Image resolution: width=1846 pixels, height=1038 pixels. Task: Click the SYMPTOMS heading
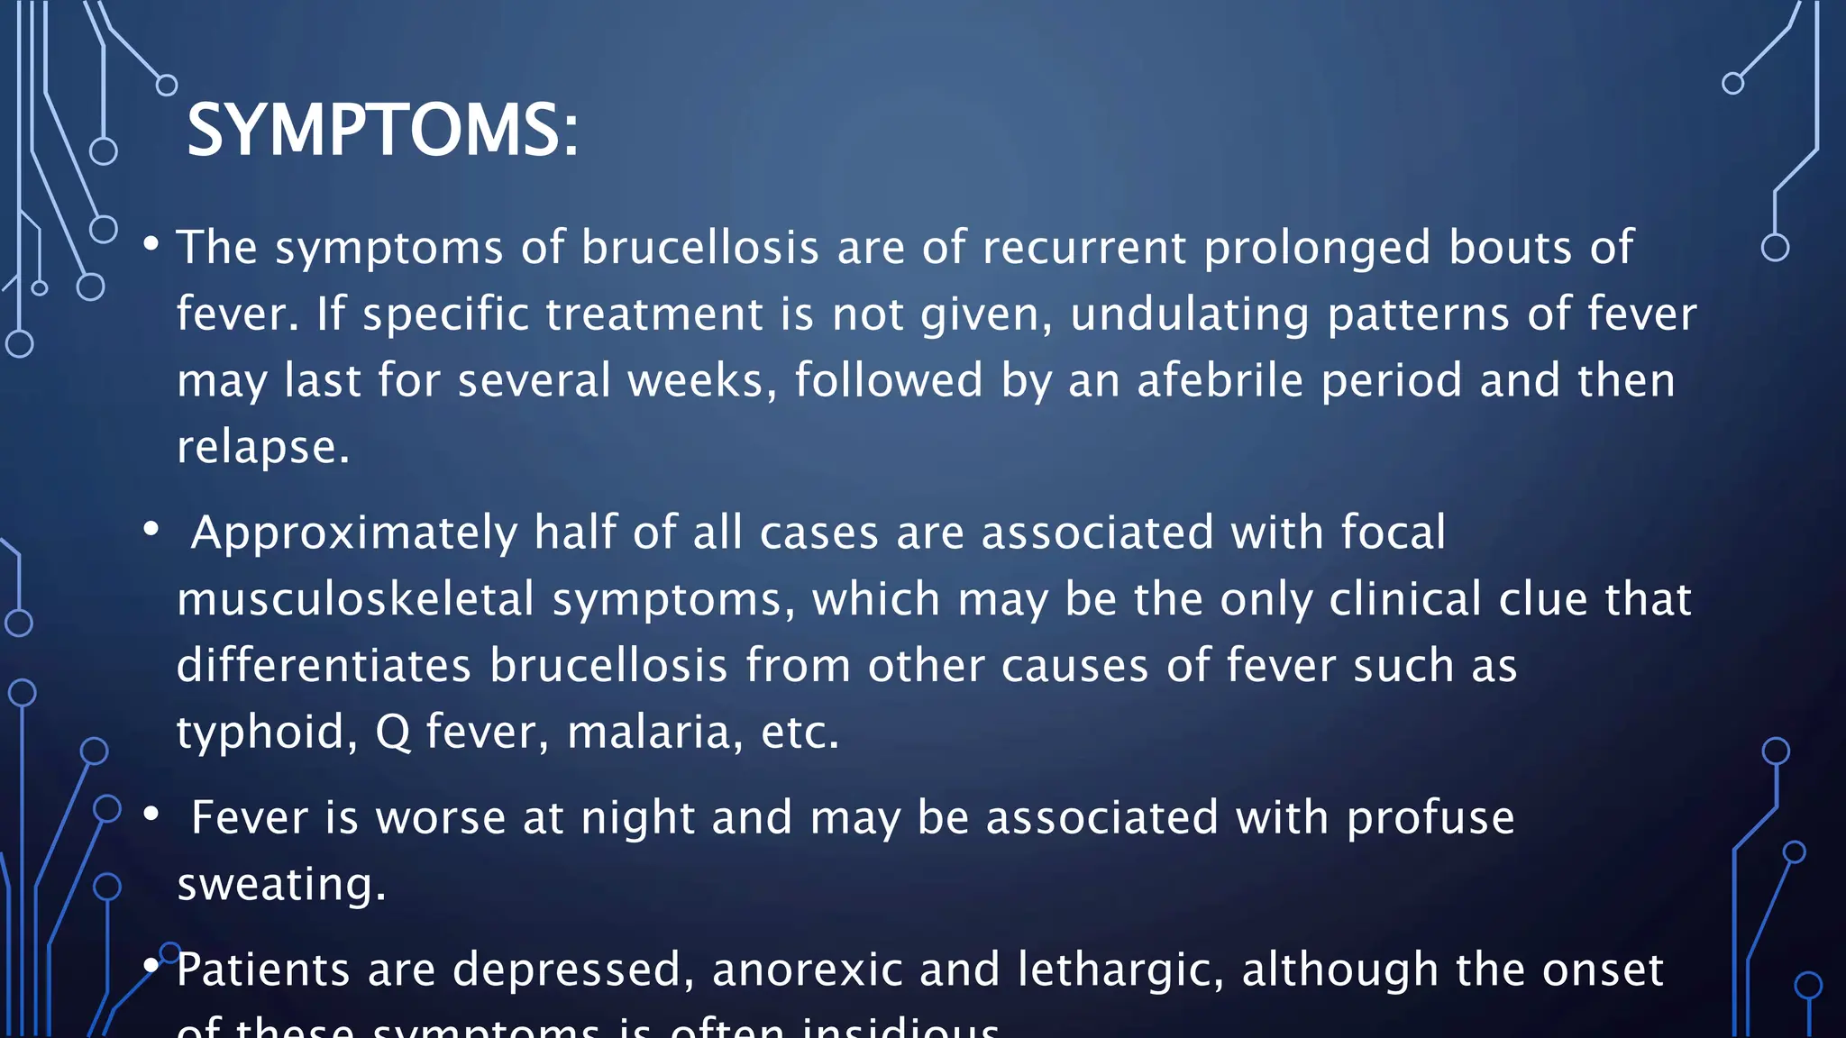point(382,131)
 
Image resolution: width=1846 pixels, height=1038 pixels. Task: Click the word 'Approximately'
point(353,533)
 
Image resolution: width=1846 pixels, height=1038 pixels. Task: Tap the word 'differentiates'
point(324,666)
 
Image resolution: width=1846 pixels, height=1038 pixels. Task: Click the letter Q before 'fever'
point(393,732)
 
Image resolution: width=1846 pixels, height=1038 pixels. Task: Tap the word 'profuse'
point(1430,819)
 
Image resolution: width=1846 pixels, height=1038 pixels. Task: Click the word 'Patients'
point(262,970)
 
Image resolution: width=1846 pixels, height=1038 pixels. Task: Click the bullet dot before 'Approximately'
point(151,530)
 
